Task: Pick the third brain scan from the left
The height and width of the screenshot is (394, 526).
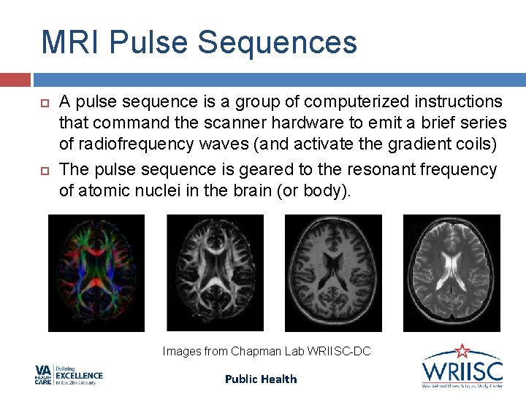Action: tap(333, 273)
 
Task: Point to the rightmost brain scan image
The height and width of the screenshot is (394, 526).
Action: tap(451, 273)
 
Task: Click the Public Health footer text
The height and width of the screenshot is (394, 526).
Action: tap(261, 379)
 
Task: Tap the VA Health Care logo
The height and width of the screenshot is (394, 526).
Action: tap(69, 375)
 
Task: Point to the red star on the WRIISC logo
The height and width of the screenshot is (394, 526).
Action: tap(462, 351)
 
